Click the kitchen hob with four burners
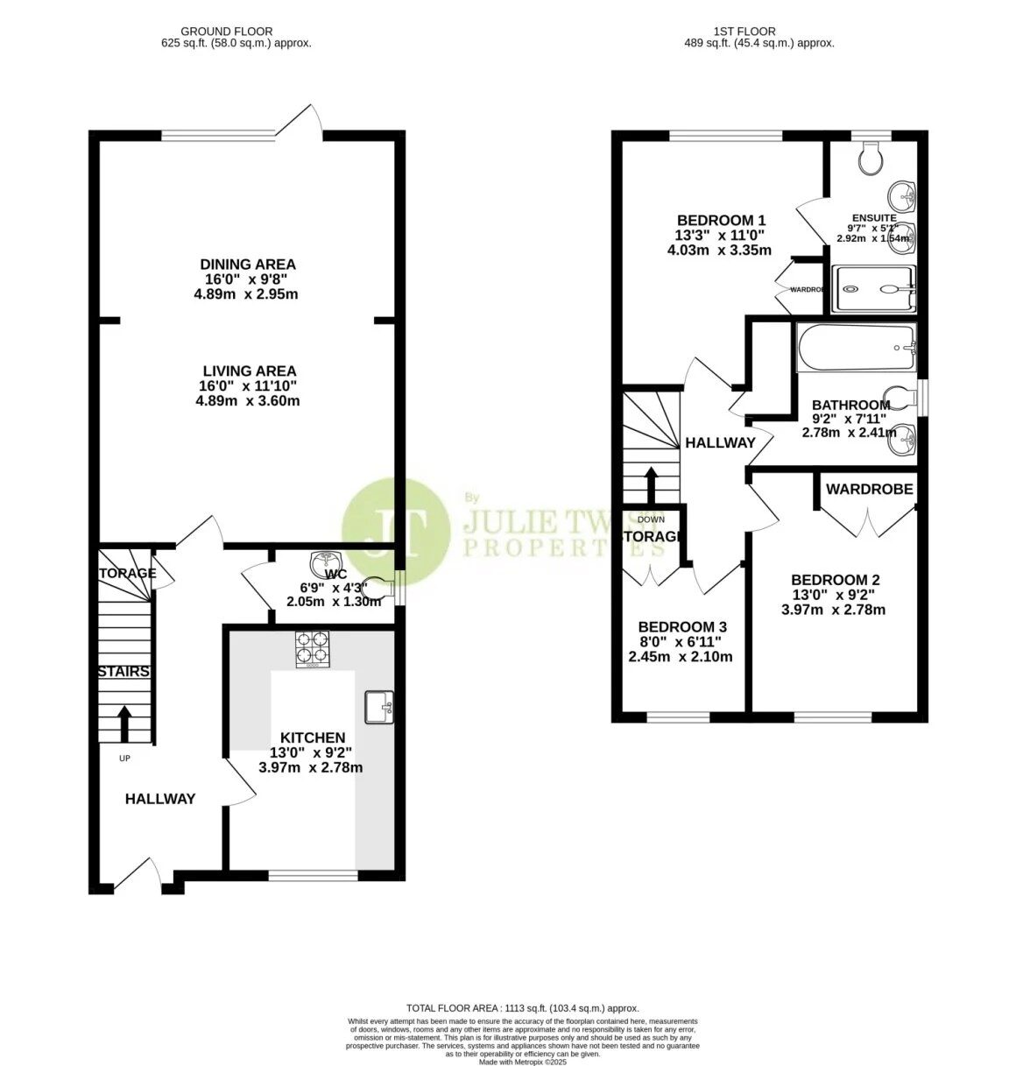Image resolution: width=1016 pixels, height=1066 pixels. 314,649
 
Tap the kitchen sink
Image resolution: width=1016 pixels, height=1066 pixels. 379,707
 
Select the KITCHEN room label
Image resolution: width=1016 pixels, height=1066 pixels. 312,738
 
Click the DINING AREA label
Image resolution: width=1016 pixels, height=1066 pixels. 248,265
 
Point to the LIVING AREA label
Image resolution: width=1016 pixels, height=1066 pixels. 250,371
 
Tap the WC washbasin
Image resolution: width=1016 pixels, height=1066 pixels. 326,560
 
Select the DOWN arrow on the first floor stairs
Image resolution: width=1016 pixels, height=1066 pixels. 651,484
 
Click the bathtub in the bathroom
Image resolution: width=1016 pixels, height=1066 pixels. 855,348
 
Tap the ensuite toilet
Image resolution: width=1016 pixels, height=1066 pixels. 871,158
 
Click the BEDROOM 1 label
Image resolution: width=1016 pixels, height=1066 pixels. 722,221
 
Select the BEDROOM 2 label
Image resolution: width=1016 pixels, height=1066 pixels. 835,580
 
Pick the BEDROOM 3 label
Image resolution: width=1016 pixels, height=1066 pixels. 682,627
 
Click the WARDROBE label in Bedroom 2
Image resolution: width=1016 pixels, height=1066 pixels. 869,489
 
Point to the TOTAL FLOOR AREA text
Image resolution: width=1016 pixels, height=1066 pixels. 522,1008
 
